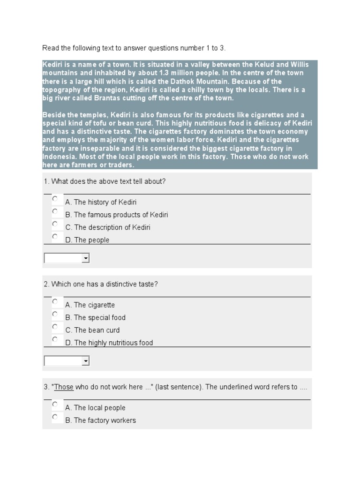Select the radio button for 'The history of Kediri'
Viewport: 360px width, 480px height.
coord(55,199)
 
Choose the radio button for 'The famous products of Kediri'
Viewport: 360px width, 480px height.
coord(55,211)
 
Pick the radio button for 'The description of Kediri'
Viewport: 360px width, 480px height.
coord(55,224)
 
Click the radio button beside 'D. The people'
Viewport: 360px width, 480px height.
coord(55,237)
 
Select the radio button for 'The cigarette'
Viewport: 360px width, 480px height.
coord(55,301)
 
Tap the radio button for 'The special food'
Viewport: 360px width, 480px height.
coord(55,314)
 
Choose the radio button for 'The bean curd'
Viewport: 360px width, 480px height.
coord(55,327)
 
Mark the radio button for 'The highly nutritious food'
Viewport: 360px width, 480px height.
coord(55,339)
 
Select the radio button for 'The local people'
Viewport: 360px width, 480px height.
coord(55,404)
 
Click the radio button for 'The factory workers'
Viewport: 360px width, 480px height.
coord(55,417)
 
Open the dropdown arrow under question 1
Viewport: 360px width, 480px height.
coord(85,258)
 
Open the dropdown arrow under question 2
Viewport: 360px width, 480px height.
coord(85,361)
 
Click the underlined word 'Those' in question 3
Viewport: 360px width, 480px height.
coord(64,387)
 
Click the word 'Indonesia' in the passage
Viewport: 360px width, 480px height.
coord(59,157)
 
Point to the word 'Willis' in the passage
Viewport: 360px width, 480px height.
coord(300,64)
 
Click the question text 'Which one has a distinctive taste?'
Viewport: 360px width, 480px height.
coord(105,284)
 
